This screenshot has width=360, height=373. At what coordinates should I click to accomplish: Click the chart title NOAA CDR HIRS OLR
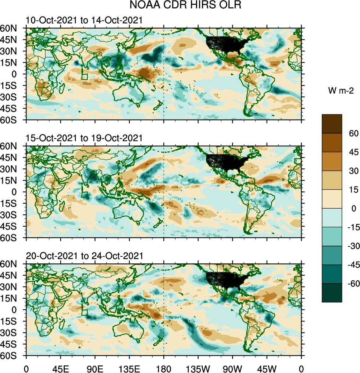tap(180, 6)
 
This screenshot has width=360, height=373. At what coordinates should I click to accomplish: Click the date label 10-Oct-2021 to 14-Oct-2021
tap(84, 20)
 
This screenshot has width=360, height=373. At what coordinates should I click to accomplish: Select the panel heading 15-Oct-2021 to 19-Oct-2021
tap(84, 138)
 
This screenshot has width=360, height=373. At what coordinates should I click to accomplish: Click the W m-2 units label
tap(340, 90)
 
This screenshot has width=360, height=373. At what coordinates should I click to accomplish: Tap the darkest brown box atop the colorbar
tap(332, 124)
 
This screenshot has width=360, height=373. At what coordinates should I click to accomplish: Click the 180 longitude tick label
tap(164, 368)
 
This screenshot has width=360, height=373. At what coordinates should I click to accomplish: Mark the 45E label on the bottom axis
tap(60, 368)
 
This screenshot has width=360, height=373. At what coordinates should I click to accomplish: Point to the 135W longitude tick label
tap(198, 368)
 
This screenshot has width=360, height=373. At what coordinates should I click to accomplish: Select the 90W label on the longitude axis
tap(232, 368)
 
